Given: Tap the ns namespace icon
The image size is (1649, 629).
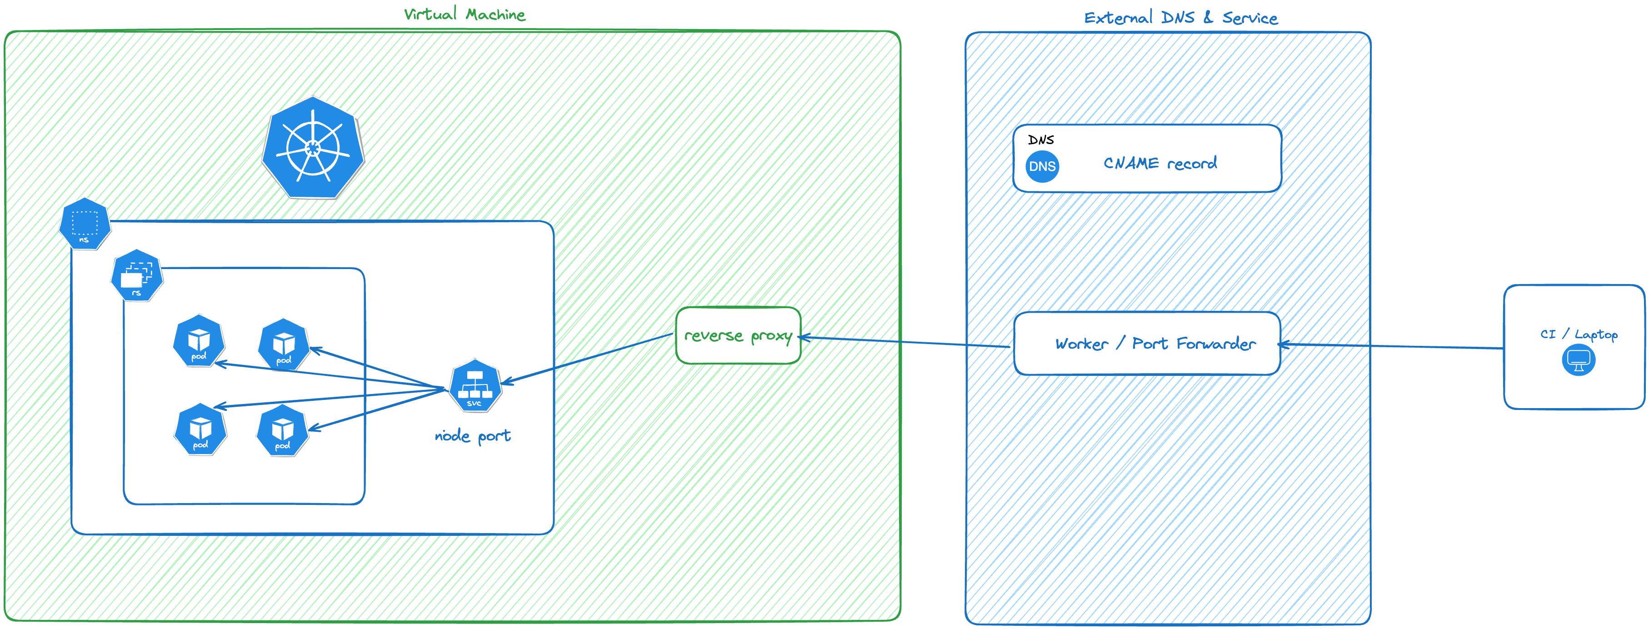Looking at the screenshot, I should (85, 224).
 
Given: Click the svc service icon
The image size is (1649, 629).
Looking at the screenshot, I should (475, 386).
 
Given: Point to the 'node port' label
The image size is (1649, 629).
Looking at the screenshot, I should (472, 436).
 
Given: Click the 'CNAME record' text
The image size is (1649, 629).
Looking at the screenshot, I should (1160, 163).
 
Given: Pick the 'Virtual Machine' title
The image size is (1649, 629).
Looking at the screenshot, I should (465, 14).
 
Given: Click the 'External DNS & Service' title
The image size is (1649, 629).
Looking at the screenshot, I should (1180, 18).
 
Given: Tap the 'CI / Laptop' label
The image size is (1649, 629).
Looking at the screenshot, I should (1578, 334).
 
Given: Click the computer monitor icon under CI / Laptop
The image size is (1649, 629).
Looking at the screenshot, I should (1578, 359).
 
